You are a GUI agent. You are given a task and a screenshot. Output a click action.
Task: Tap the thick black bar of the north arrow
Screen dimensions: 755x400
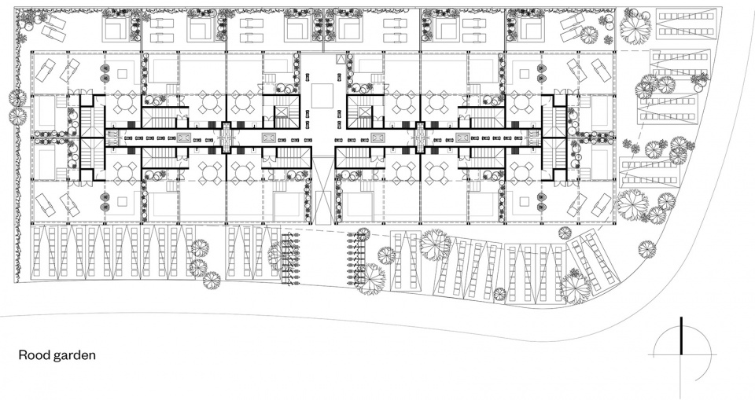681,336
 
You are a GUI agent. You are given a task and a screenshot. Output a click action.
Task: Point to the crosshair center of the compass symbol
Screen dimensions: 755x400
681,356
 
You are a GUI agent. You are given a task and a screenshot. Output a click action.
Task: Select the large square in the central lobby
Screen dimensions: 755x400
322,95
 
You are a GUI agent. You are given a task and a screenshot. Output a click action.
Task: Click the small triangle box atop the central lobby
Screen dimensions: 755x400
341,59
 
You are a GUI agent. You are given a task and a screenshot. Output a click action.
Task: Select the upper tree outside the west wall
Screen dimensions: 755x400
17,98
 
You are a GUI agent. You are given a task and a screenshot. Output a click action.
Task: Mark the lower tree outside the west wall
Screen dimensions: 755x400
17,116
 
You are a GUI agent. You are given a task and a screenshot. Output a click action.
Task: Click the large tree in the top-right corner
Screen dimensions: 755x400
635,24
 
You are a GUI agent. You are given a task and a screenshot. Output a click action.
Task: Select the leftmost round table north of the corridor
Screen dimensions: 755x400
126,103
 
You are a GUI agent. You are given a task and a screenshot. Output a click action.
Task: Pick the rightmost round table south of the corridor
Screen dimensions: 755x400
521,171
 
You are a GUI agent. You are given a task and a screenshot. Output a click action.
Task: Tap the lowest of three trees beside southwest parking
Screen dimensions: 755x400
211,280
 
